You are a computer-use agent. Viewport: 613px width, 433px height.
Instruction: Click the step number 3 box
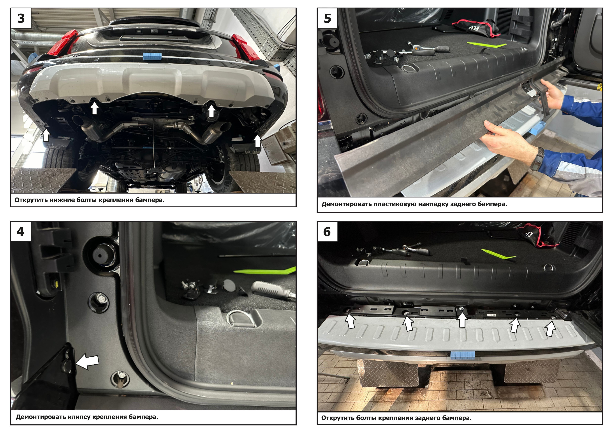(x=21, y=18)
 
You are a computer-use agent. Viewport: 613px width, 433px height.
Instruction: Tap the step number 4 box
(x=21, y=231)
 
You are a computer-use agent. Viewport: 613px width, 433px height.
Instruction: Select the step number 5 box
(x=327, y=18)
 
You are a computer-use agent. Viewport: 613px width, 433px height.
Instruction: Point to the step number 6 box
(x=327, y=231)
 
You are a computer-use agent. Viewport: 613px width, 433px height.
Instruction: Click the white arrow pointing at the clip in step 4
(x=87, y=361)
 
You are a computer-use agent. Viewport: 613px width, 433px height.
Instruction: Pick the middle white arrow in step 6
(x=462, y=320)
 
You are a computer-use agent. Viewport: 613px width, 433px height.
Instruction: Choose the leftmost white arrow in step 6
(x=350, y=321)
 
